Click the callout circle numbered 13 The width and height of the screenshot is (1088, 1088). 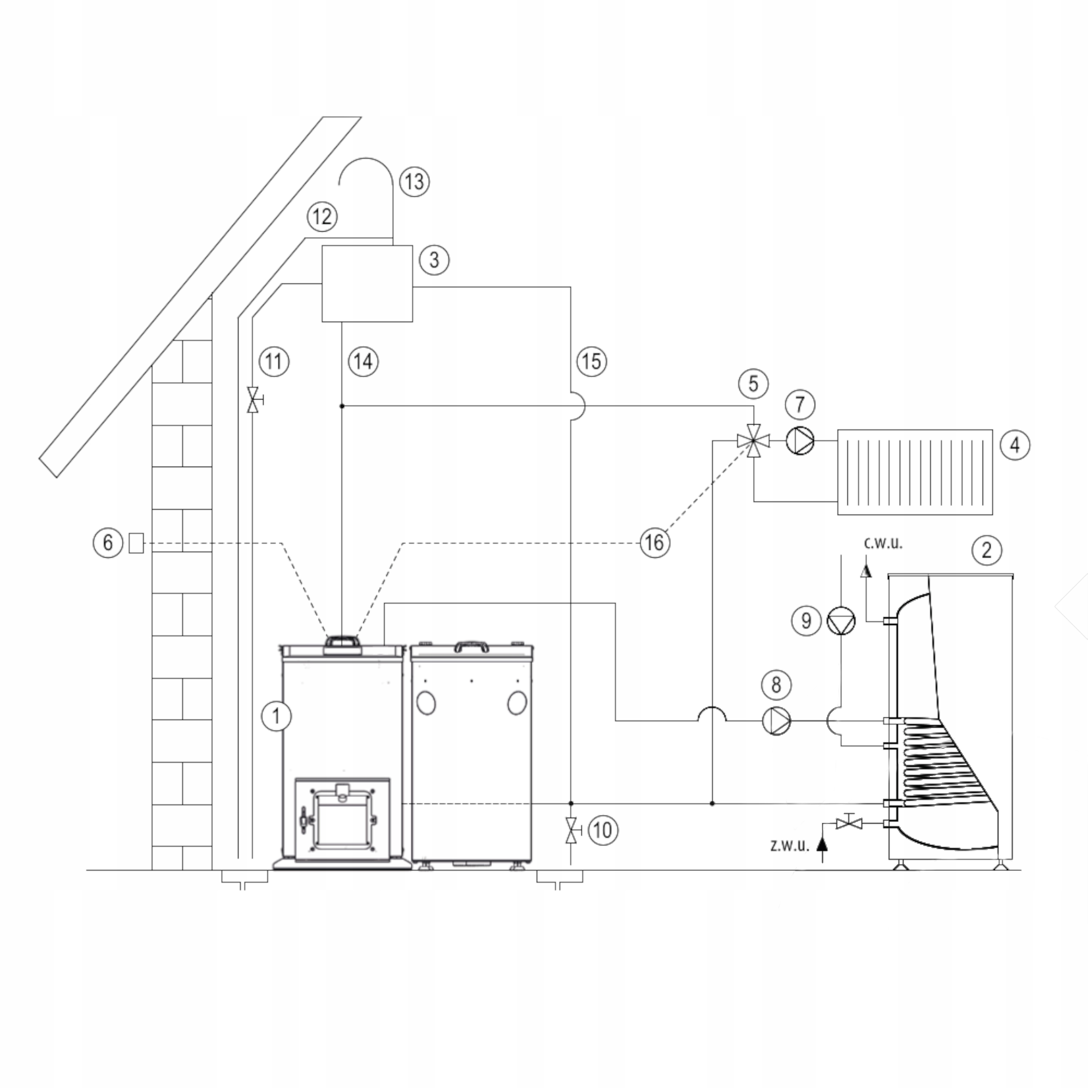pyautogui.click(x=414, y=182)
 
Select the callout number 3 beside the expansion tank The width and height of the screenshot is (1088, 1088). pyautogui.click(x=434, y=260)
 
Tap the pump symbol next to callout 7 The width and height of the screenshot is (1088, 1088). pyautogui.click(x=800, y=441)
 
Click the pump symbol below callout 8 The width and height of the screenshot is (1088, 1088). pyautogui.click(x=776, y=720)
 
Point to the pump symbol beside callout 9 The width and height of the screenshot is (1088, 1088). pyautogui.click(x=841, y=621)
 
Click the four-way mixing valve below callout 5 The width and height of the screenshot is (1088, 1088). pyautogui.click(x=754, y=442)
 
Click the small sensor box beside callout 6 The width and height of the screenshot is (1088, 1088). pyautogui.click(x=136, y=542)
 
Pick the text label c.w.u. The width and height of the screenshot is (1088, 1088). pyautogui.click(x=883, y=543)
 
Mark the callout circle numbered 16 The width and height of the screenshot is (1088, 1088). pyautogui.click(x=655, y=543)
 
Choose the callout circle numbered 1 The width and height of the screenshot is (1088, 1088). pyautogui.click(x=276, y=716)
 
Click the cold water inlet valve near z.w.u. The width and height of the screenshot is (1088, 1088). pyautogui.click(x=849, y=823)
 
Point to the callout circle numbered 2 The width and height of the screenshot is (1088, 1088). pyautogui.click(x=986, y=550)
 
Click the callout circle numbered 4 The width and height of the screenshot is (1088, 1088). pyautogui.click(x=1015, y=445)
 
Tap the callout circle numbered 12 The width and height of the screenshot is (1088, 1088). pyautogui.click(x=322, y=216)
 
